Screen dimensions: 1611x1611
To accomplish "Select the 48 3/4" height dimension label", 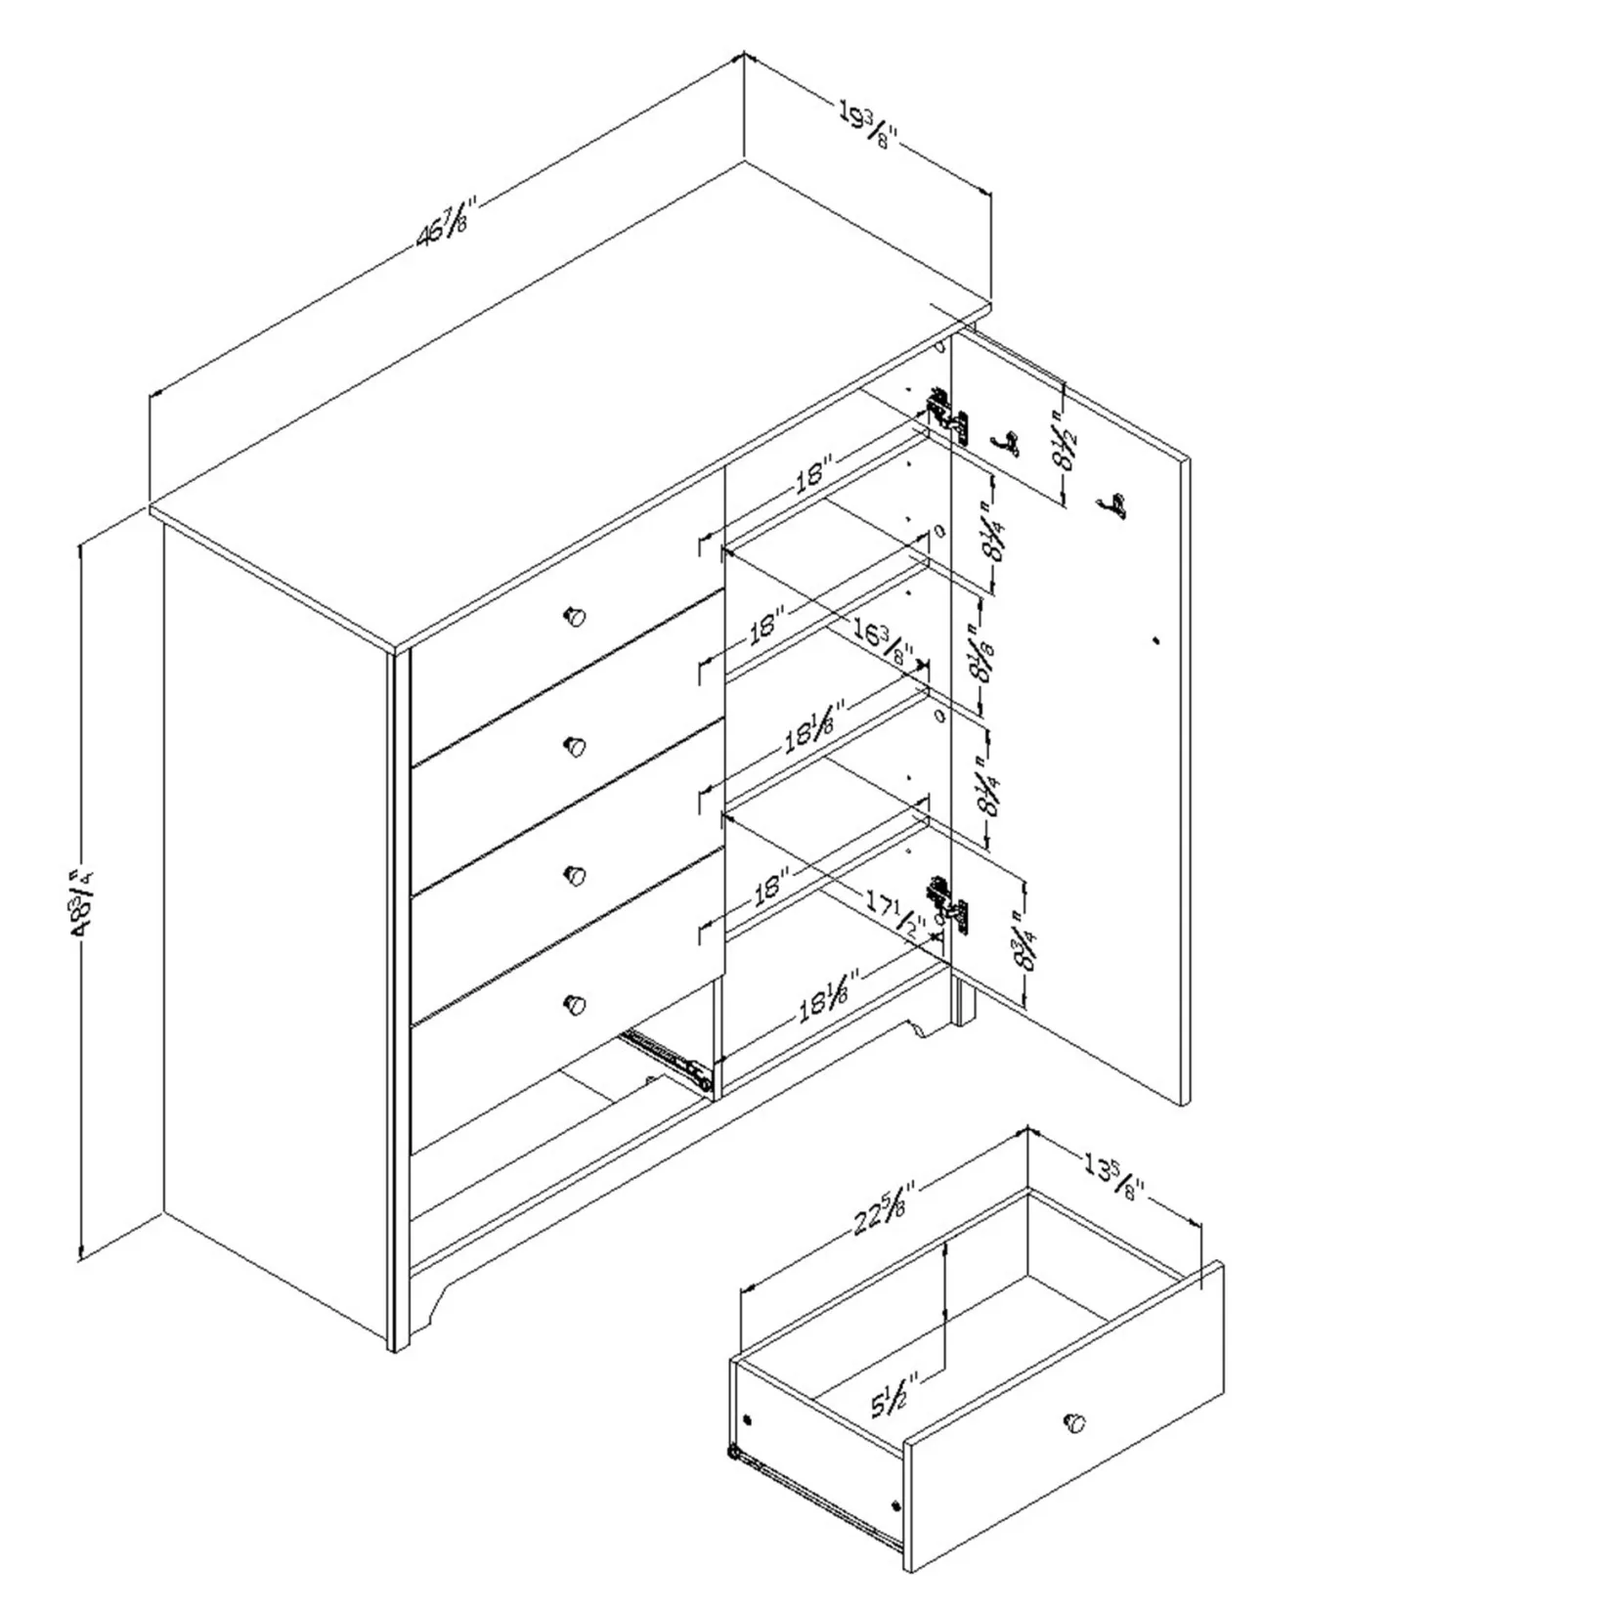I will click(81, 902).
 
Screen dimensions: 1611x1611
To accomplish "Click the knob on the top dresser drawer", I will click(575, 616).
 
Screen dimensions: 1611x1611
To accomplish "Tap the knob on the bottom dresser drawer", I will click(575, 1004).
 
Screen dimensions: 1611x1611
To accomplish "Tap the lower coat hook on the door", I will click(1111, 505).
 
